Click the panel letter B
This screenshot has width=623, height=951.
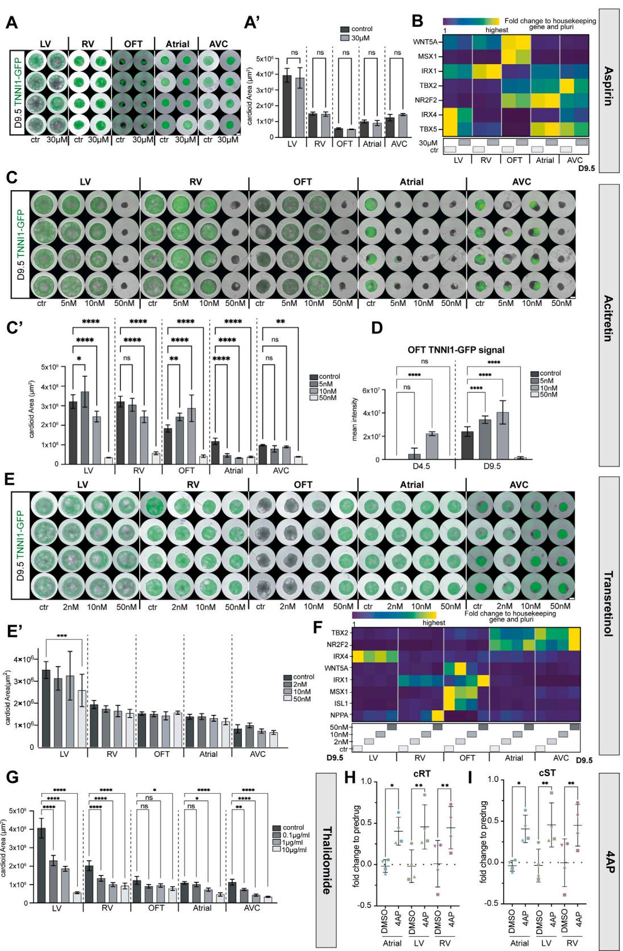[417, 22]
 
